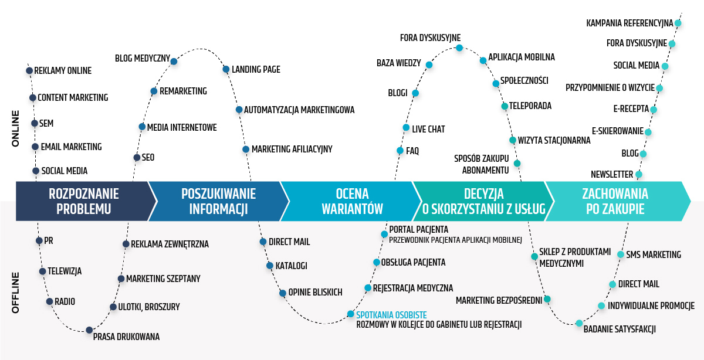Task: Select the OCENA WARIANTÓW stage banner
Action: (x=351, y=201)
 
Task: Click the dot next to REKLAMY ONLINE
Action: (x=29, y=71)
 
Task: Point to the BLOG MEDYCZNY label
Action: (x=143, y=59)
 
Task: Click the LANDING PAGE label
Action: (x=256, y=70)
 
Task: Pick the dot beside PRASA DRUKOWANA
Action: (x=89, y=330)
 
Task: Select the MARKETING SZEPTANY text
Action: (x=163, y=279)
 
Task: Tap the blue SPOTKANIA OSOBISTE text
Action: (x=391, y=315)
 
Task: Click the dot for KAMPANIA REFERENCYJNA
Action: (x=678, y=23)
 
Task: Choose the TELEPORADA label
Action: (x=530, y=106)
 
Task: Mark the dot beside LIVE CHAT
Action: (x=406, y=128)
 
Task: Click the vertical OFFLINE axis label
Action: (x=16, y=292)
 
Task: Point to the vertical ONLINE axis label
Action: (x=16, y=128)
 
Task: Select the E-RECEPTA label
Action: (x=631, y=110)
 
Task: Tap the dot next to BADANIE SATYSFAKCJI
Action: (x=579, y=323)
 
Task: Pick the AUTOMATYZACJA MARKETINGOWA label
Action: (x=299, y=110)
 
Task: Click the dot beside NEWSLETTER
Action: (x=639, y=174)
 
